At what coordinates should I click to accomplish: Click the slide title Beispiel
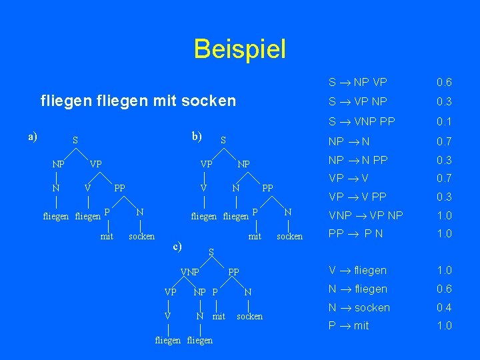coord(239,49)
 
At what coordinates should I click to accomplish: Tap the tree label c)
coord(177,246)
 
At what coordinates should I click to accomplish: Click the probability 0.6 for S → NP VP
coord(444,83)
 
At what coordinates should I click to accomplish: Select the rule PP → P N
coord(357,233)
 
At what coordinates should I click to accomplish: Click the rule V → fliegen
coord(357,270)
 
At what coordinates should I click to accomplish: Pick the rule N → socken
coord(359,307)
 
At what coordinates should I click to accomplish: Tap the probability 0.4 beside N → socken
coord(444,307)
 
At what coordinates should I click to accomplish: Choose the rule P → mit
coord(348,325)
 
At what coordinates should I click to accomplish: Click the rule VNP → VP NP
coord(365,215)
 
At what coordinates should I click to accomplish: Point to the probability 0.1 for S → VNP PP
coord(444,121)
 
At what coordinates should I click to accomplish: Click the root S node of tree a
coord(75,141)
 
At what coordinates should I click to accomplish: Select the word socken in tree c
coord(249,316)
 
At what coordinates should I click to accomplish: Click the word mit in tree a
coord(107,236)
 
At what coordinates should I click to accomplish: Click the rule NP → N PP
coord(358,160)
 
